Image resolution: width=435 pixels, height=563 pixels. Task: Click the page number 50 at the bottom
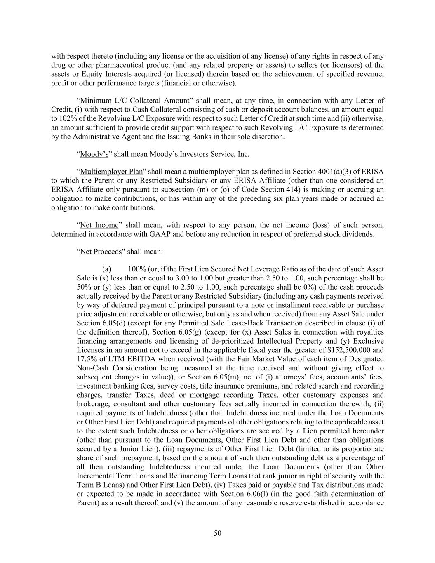click(x=217, y=533)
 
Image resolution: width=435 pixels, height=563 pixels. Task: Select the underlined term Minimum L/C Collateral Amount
click(x=134, y=100)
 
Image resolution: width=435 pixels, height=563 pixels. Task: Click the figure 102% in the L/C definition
click(x=60, y=118)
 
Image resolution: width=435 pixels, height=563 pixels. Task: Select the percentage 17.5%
click(x=86, y=359)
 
